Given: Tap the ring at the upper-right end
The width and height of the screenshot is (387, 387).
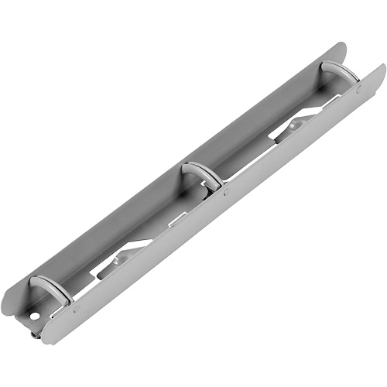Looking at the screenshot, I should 340,71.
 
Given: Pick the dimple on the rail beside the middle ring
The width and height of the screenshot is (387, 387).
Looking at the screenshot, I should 224,190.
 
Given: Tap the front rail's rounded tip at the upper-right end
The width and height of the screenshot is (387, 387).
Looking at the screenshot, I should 381,71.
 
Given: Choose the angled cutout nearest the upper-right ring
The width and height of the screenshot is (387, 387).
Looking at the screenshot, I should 298,124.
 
